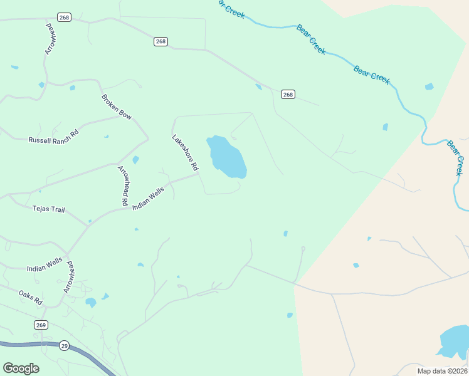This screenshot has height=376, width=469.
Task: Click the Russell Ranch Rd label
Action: [53, 137]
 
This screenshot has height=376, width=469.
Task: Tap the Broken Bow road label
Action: [117, 107]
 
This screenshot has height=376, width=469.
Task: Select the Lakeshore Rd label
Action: [185, 153]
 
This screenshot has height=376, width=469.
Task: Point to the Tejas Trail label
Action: [48, 210]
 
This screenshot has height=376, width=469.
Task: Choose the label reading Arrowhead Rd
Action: [122, 186]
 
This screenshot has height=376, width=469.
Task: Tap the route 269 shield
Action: [41, 325]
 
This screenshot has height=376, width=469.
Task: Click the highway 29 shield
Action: [64, 345]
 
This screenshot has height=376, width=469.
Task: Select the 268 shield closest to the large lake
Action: [287, 95]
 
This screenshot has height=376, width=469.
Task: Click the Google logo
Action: [21, 368]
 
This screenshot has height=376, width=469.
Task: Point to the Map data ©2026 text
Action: [442, 371]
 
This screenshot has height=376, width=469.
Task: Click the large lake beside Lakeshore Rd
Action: [227, 157]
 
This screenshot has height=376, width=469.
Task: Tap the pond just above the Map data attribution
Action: [453, 342]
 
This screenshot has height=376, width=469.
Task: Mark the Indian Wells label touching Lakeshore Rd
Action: [148, 197]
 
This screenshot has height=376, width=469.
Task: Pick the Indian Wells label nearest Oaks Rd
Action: [45, 265]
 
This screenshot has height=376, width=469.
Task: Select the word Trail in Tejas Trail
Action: [56, 210]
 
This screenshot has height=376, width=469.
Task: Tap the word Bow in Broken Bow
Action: [125, 113]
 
